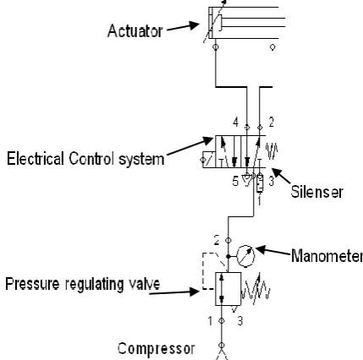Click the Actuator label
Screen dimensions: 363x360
pos(135,31)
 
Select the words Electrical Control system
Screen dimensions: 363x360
pos(85,159)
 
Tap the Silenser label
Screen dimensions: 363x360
pos(316,192)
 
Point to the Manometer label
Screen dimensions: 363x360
pos(327,256)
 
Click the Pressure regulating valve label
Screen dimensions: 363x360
pos(83,284)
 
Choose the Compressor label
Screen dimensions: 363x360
pos(156,349)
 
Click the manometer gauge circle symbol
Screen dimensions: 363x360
pos(245,256)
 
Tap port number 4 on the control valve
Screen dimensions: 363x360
pos(235,123)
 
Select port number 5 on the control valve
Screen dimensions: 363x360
pos(235,181)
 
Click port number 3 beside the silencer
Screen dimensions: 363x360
pos(271,181)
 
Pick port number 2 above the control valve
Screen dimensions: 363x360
pos(271,123)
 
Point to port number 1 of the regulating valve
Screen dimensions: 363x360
pos(210,321)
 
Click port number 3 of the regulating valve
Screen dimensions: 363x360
pos(240,321)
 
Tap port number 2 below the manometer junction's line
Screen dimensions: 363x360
pos(217,241)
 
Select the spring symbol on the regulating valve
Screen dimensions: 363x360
pos(256,289)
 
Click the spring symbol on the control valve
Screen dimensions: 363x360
pos(272,151)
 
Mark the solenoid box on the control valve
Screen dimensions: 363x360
pos(209,160)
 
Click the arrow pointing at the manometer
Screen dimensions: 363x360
pos(273,251)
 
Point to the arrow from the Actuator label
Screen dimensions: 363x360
pos(183,27)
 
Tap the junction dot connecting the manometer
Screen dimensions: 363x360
pos(228,256)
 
